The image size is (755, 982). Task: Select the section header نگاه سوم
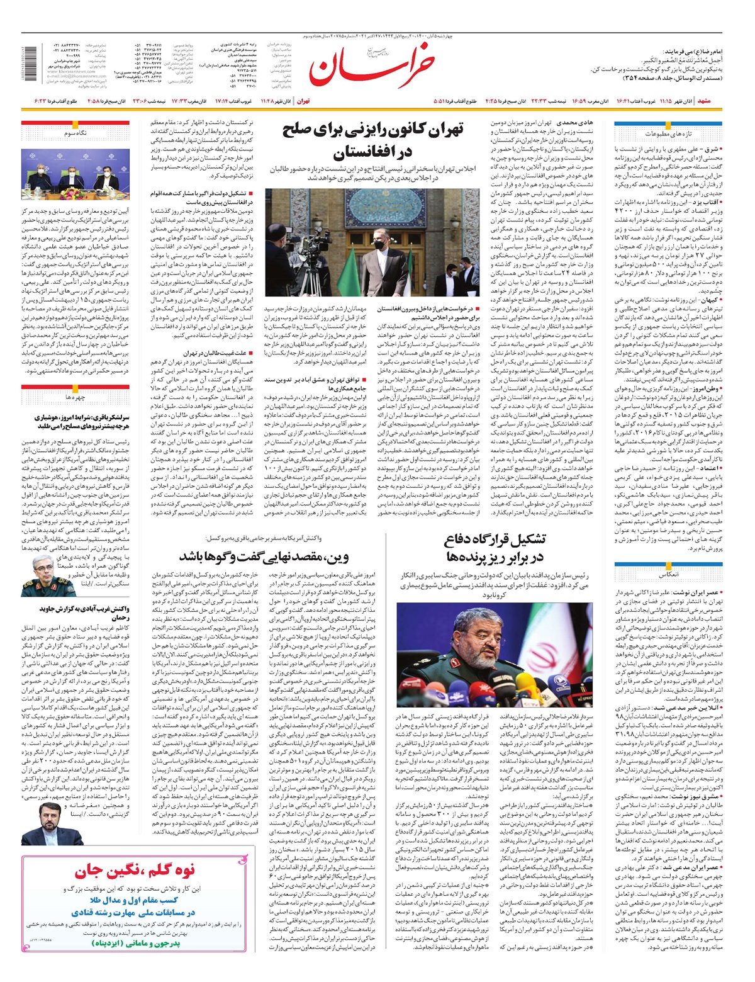[x=75, y=133]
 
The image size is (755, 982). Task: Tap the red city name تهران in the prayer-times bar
[x=303, y=101]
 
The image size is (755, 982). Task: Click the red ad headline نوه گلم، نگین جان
[x=135, y=872]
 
